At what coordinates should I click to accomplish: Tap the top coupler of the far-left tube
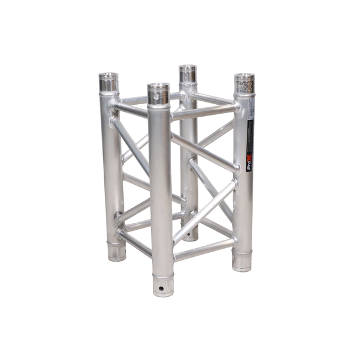pyautogui.click(x=108, y=82)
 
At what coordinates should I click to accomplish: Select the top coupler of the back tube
pyautogui.click(x=188, y=75)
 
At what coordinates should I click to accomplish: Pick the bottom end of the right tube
pyautogui.click(x=242, y=261)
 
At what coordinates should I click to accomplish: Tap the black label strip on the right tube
pyautogui.click(x=250, y=142)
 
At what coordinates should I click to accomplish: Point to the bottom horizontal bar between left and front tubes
pyautogui.click(x=134, y=243)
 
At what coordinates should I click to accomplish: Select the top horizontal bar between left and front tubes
pyautogui.click(x=130, y=109)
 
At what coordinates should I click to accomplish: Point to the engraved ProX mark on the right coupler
pyautogui.click(x=244, y=86)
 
